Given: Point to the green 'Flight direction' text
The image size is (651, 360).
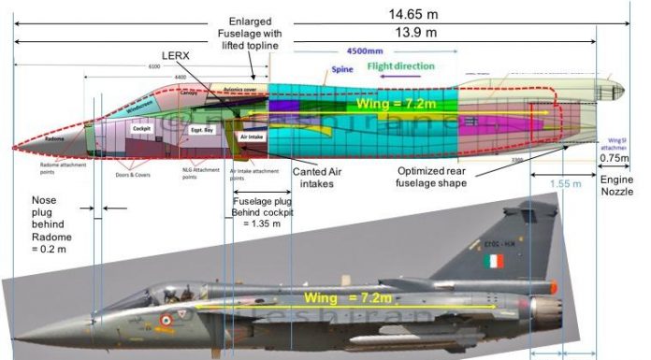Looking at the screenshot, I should tap(400, 66).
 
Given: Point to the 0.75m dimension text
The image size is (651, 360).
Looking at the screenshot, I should tap(617, 158).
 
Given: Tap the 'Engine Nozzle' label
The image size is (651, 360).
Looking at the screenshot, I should tap(617, 183).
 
